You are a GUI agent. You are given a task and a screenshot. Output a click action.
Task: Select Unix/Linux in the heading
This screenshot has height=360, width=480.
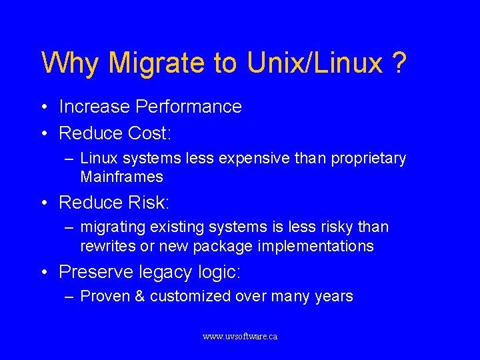tap(313, 63)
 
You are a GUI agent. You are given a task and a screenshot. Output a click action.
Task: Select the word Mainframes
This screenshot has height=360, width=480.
tap(121, 177)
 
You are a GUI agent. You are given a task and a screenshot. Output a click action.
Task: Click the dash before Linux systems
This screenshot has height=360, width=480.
tap(69, 159)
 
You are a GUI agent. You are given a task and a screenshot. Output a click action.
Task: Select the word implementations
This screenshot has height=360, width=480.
tap(315, 246)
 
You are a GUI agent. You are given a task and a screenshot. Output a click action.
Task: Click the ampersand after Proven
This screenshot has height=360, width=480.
tap(139, 297)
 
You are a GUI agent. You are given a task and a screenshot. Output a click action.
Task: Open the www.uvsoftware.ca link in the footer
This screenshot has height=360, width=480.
tap(239, 337)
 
